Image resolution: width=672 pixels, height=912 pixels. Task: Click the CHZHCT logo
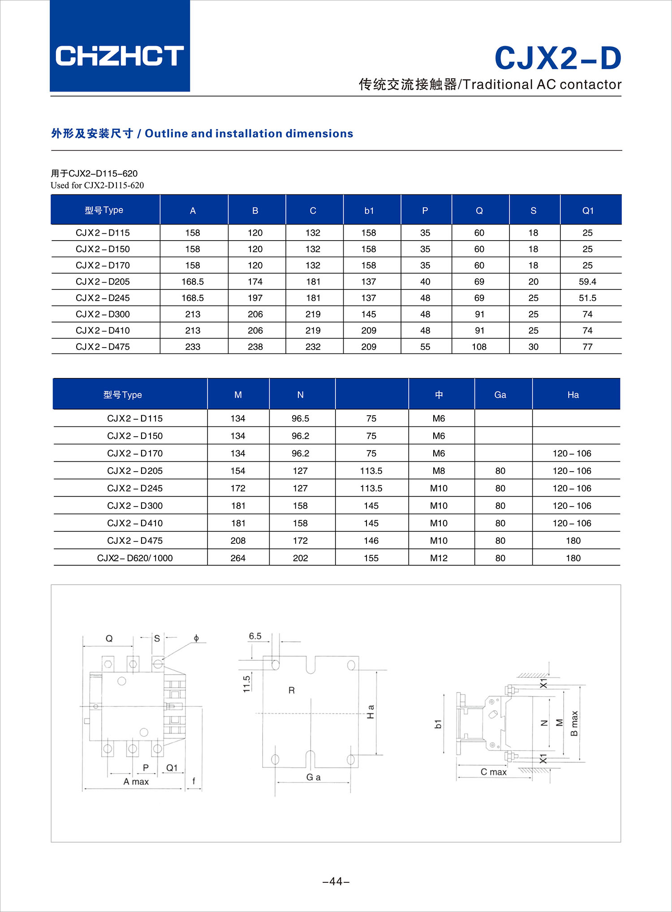tap(120, 56)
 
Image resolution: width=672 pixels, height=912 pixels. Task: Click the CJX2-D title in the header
tap(558, 58)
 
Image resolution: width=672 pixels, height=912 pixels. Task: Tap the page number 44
tap(336, 882)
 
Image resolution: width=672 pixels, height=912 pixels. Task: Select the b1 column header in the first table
tap(369, 211)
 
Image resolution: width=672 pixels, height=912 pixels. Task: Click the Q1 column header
tap(588, 211)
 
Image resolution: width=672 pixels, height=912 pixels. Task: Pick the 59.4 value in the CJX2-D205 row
tap(587, 282)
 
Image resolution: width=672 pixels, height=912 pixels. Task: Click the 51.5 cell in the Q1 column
tap(587, 298)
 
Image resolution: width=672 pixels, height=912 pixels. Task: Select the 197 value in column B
tap(255, 298)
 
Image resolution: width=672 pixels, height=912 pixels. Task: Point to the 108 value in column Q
tap(479, 347)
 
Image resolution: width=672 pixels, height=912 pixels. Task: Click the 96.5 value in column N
tap(300, 418)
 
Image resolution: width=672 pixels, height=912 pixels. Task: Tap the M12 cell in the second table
tap(439, 558)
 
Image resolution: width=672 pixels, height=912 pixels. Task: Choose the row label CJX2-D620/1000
tap(135, 558)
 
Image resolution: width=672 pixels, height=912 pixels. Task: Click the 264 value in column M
tap(238, 558)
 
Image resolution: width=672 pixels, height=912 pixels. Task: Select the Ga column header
tap(500, 395)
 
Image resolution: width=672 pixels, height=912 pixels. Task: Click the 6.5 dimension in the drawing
tap(255, 636)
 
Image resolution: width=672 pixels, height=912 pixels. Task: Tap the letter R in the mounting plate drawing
tap(292, 690)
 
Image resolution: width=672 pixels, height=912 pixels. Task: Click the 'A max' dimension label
tap(136, 782)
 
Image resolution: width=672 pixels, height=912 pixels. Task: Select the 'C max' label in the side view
tap(493, 772)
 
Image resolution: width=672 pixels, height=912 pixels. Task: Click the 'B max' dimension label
tap(574, 723)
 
